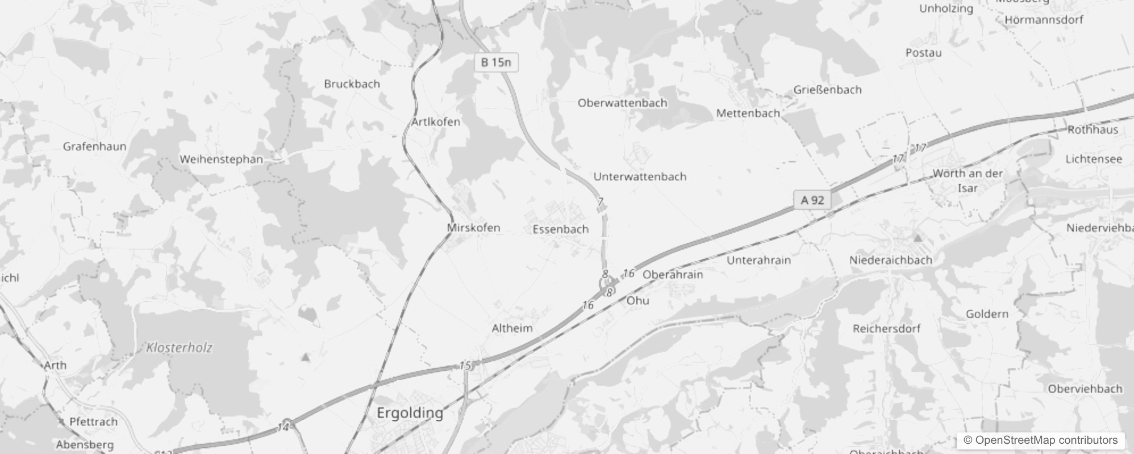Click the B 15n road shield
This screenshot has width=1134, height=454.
tap(496, 62)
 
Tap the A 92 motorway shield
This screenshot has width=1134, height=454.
tap(812, 200)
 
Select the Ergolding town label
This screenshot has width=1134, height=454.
tap(410, 413)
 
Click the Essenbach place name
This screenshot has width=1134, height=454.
tap(560, 229)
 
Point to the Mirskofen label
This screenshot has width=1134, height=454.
tap(473, 228)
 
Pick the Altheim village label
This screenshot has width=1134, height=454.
tap(512, 328)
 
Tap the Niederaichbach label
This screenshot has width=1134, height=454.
tap(890, 260)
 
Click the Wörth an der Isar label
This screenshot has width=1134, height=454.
tap(968, 180)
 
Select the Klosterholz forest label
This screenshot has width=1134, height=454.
tap(179, 347)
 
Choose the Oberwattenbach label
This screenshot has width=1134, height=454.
tap(622, 103)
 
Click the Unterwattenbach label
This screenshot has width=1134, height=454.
tap(640, 176)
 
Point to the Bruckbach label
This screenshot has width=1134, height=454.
tap(352, 84)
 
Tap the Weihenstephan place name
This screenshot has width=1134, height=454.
tap(221, 159)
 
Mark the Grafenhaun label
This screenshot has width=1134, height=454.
tap(94, 146)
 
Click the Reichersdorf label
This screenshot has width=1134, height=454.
tap(886, 329)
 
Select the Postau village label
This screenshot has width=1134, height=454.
tap(923, 53)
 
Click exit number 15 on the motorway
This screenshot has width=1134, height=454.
tap(465, 365)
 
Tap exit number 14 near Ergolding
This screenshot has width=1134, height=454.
tap(283, 427)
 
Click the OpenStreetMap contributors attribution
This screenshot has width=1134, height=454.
tap(1040, 440)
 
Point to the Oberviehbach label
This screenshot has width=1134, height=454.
tap(1085, 389)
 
